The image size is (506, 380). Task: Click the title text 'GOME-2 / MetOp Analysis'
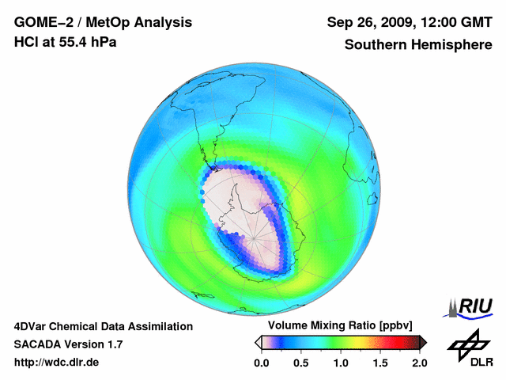click(103, 23)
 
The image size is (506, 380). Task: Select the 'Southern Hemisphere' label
click(417, 45)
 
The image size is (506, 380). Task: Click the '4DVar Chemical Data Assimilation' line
click(103, 326)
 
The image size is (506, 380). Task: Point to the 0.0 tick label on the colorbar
click(262, 363)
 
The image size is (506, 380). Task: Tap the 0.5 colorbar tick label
click(301, 363)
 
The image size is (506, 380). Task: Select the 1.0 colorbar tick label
click(341, 363)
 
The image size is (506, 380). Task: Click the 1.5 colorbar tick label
click(380, 363)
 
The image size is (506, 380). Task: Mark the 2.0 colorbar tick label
click(419, 363)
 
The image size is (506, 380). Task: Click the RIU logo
click(470, 306)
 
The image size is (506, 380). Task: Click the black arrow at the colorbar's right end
click(423, 342)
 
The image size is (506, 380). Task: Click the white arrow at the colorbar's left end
click(258, 342)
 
